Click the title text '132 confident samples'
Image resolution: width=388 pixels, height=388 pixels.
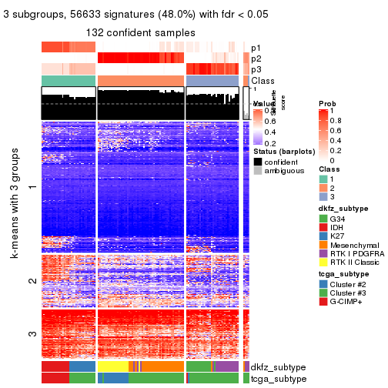[x=140, y=32]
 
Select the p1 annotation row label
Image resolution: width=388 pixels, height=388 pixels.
[x=256, y=47]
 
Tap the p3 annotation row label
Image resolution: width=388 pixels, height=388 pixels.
[x=256, y=69]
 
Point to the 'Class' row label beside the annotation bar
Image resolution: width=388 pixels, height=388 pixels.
[x=263, y=81]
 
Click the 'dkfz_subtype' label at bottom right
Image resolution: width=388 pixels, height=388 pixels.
[x=278, y=366]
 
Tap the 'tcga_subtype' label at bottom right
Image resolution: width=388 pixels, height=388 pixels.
[x=278, y=378]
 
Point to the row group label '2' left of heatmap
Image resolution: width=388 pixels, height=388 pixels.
[x=32, y=281]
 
